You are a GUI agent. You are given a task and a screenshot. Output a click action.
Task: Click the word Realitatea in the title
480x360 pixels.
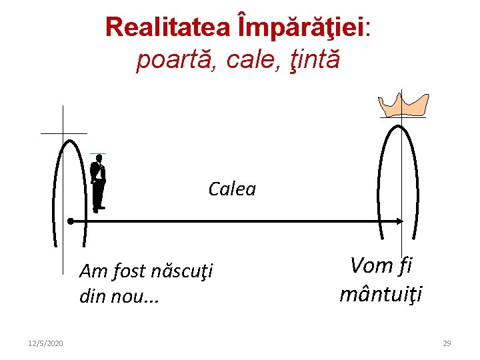[167, 27]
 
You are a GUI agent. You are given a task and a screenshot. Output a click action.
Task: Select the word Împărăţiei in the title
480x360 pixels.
[299, 27]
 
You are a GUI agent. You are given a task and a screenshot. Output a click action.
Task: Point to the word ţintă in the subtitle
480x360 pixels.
[313, 59]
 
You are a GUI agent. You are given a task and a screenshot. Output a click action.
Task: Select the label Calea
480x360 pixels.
[232, 189]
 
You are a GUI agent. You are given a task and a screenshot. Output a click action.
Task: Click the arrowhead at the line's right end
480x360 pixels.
[400, 220]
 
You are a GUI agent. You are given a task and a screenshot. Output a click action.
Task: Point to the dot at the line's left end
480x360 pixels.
[70, 220]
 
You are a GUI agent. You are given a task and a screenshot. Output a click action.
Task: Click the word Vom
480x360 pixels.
[371, 266]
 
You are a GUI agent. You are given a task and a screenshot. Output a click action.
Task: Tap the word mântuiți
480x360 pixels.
[381, 294]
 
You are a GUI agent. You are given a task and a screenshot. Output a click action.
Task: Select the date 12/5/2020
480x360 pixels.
[46, 343]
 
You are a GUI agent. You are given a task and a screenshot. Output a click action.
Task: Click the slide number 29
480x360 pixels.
[447, 343]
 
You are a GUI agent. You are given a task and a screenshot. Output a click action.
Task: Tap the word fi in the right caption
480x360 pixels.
[405, 266]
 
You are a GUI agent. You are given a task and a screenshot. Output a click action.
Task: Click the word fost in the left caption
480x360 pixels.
[129, 272]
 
